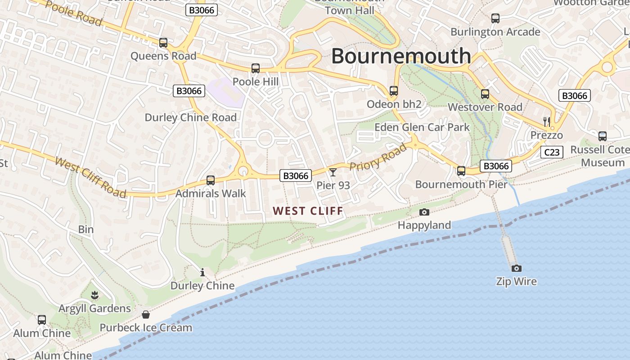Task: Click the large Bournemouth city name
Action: (x=401, y=56)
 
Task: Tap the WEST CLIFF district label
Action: (x=308, y=211)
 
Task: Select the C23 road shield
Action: (x=552, y=152)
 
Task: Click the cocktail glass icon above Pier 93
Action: (x=333, y=172)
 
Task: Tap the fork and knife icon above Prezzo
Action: (x=547, y=121)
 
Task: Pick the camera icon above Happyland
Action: (x=424, y=212)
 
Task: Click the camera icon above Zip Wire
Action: (x=517, y=268)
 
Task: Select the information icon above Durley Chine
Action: (x=202, y=272)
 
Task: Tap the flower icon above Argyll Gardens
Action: (x=94, y=296)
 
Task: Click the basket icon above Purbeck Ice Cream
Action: (x=146, y=314)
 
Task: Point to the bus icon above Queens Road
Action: (x=163, y=43)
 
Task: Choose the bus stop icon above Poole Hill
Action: (x=256, y=68)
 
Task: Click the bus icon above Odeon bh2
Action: (x=394, y=91)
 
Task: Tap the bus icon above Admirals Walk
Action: (x=210, y=180)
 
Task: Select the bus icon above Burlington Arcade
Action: (x=495, y=18)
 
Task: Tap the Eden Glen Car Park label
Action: (x=422, y=127)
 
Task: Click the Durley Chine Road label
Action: (x=190, y=117)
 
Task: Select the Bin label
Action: (x=86, y=229)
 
